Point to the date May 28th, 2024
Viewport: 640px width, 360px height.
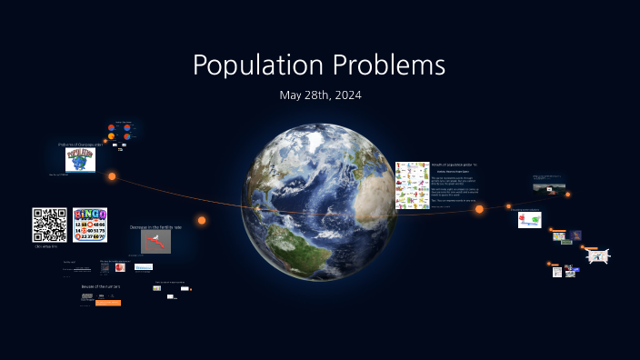(320, 95)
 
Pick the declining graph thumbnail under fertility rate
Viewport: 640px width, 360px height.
(155, 242)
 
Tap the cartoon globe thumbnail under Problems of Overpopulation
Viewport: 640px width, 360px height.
(80, 161)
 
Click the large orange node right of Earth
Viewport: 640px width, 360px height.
(479, 209)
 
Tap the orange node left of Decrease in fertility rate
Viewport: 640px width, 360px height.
(202, 220)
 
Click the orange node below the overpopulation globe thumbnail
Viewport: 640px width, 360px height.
(113, 176)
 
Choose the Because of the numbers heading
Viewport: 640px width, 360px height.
(101, 286)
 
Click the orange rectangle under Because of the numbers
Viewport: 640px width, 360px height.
(107, 303)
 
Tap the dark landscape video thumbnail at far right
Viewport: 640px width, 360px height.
(547, 188)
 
